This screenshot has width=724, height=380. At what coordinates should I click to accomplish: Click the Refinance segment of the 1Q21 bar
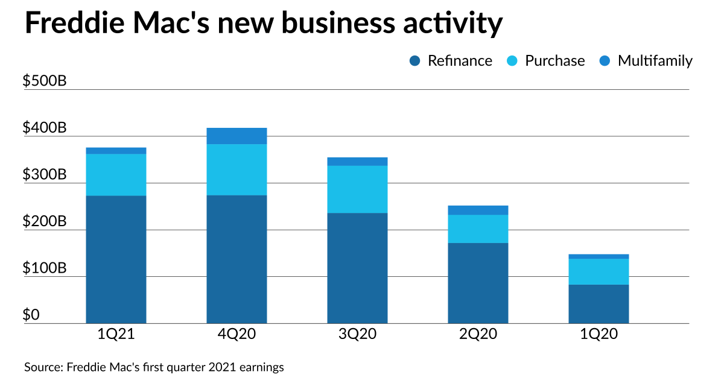[116, 259]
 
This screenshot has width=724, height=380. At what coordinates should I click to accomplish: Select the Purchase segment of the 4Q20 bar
[237, 169]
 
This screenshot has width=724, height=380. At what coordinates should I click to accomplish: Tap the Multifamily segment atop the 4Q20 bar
[237, 136]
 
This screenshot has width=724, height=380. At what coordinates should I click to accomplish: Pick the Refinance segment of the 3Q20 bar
[357, 268]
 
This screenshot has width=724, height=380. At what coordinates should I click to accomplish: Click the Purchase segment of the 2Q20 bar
[478, 229]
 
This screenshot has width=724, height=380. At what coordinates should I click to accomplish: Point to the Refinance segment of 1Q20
[599, 304]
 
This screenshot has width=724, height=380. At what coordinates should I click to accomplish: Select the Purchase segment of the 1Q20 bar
[599, 271]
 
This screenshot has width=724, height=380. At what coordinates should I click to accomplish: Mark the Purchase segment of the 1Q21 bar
[116, 175]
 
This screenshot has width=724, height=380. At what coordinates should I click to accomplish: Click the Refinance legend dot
[414, 61]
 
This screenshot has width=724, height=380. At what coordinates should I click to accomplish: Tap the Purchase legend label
[554, 61]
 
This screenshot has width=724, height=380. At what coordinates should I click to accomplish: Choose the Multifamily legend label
[655, 61]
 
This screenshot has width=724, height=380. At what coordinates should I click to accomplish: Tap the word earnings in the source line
[262, 367]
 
